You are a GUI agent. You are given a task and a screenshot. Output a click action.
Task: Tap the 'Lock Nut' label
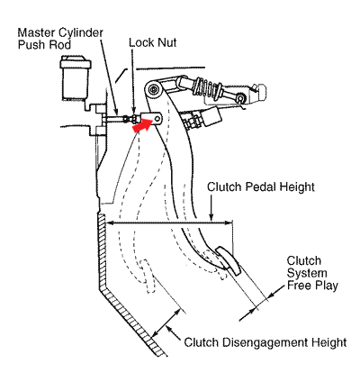click(x=153, y=42)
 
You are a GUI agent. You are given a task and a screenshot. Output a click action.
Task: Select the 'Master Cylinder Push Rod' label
click(x=60, y=39)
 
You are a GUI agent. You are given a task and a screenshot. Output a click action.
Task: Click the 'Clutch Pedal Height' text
click(x=261, y=186)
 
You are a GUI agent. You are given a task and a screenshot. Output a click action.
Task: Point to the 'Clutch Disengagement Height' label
click(x=265, y=342)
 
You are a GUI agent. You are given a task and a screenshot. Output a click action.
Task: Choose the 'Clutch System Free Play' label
click(x=312, y=273)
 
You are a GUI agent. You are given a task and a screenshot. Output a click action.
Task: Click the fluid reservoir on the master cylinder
click(x=76, y=77)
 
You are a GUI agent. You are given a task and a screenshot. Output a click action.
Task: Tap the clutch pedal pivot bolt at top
click(x=154, y=89)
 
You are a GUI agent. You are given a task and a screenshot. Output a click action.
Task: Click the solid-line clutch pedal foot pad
click(x=228, y=260)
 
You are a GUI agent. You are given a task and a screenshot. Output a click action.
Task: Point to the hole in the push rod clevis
click(x=157, y=119)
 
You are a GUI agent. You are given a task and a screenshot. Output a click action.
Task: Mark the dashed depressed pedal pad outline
click(x=148, y=276)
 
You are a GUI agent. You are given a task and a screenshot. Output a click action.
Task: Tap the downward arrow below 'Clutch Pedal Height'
click(x=211, y=208)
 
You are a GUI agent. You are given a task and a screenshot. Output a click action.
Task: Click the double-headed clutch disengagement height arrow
click(x=166, y=323)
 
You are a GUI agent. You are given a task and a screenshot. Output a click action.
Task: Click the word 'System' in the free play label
click(x=307, y=273)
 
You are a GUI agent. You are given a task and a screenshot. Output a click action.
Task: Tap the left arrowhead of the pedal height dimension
click(x=110, y=223)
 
